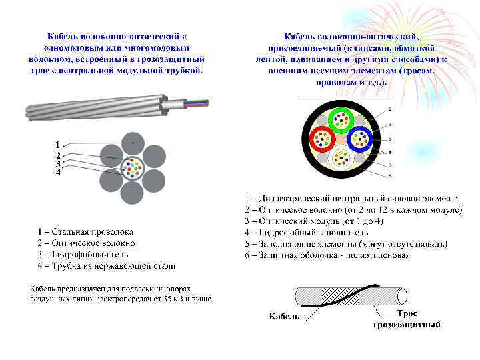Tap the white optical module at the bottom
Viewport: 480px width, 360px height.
(x=341, y=157)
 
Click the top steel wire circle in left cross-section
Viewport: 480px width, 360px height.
(x=133, y=140)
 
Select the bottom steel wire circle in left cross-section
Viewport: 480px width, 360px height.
(x=133, y=193)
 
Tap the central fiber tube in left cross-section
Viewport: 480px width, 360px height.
(x=133, y=167)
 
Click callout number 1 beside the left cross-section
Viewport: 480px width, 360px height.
(x=58, y=144)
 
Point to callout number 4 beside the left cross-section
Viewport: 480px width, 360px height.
(x=58, y=173)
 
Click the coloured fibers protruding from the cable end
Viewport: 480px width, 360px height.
(x=197, y=103)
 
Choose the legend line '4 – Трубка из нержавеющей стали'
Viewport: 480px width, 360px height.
(x=107, y=266)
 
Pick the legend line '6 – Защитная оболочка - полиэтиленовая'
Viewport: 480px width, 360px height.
(x=327, y=255)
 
